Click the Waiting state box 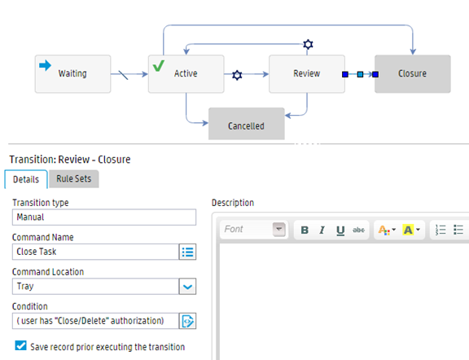[72, 73]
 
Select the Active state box [186, 73]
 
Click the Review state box [307, 73]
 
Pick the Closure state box [413, 73]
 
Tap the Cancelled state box [247, 124]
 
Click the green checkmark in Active [159, 65]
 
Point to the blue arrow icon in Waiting [45, 65]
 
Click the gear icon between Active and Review [237, 75]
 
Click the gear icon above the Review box [308, 44]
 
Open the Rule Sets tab [74, 179]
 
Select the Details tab [26, 179]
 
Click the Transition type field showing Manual [104, 217]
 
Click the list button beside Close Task [187, 252]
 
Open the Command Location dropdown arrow [187, 287]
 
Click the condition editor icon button [187, 321]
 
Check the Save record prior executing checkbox [20, 345]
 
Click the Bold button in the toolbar [305, 230]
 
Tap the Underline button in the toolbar [340, 230]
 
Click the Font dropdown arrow [279, 230]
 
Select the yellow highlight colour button [408, 230]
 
